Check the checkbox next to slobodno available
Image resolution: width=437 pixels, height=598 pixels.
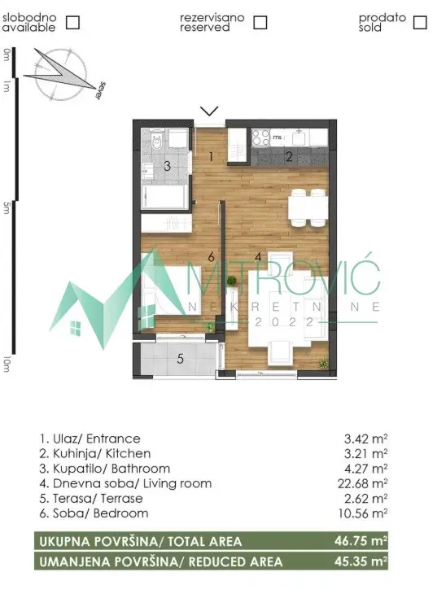(72, 22)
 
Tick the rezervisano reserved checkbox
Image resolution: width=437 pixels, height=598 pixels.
(260, 22)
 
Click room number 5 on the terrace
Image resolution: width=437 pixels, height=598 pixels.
(181, 357)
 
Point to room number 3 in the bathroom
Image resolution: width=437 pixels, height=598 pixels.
(167, 166)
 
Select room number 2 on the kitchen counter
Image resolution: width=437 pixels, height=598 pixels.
(289, 157)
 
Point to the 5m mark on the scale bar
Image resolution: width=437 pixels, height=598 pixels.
(7, 208)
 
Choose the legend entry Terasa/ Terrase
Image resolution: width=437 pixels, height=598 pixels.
(90, 498)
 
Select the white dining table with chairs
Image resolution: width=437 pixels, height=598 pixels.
(308, 207)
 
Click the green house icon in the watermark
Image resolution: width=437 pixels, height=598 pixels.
(76, 329)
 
